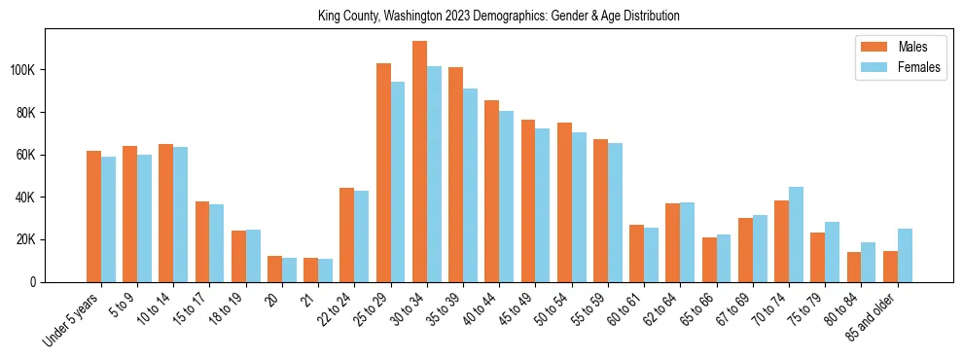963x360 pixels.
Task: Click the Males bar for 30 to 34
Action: pyautogui.click(x=419, y=162)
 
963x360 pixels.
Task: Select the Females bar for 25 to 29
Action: pyautogui.click(x=398, y=182)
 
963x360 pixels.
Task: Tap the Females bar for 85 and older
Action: pyautogui.click(x=905, y=255)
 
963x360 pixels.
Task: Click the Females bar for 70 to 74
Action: pyautogui.click(x=796, y=234)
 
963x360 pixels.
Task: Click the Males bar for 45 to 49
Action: pyautogui.click(x=528, y=200)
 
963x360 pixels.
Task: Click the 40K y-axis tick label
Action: pyautogui.click(x=26, y=198)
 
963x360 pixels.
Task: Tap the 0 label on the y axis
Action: pyautogui.click(x=34, y=282)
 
